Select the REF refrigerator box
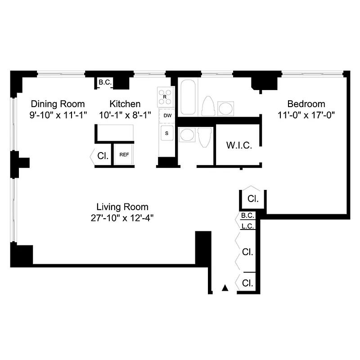[124, 155]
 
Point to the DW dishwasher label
[167, 116]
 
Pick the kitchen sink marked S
[167, 133]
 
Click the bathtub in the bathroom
[187, 97]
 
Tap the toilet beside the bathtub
[208, 106]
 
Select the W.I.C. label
[238, 145]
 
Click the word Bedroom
[306, 104]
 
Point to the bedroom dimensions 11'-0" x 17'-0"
[306, 115]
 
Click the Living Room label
[122, 207]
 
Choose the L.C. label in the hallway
[248, 226]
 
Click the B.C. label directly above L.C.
[248, 216]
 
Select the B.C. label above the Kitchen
[105, 83]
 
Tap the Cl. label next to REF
[103, 157]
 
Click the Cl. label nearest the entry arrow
[247, 283]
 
